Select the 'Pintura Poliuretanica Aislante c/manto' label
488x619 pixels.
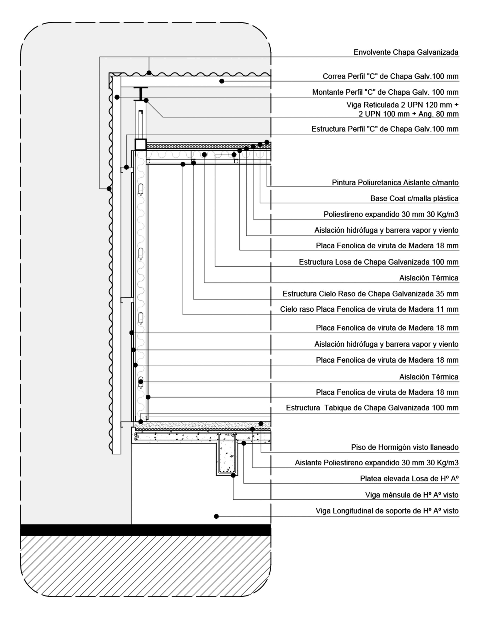point(395,183)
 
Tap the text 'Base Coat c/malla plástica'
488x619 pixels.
point(414,199)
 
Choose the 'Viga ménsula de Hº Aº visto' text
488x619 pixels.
point(412,495)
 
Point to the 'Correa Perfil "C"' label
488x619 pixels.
point(390,77)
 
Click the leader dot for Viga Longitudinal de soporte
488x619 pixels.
point(216,516)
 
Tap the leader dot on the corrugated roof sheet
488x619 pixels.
point(149,73)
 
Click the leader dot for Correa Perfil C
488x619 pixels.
point(222,81)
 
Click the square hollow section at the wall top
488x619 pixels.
point(140,145)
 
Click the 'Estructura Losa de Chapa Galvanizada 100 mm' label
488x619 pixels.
point(379,262)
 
